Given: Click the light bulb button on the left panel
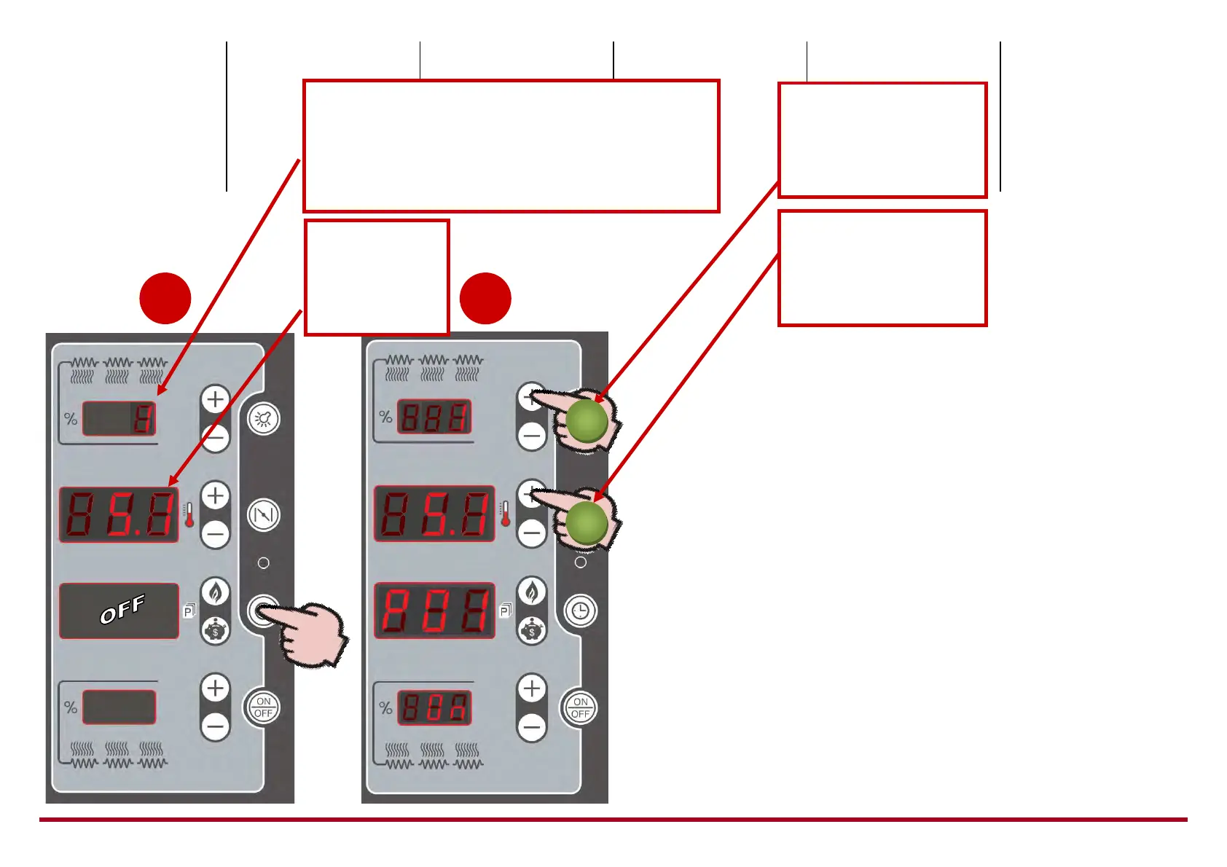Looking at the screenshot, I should [264, 419].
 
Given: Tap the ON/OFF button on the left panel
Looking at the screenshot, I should [264, 707].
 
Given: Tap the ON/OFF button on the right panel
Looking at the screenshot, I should [580, 707].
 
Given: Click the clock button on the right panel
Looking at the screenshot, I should [580, 611].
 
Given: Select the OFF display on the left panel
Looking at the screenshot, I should [119, 611].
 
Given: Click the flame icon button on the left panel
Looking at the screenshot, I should [215, 592].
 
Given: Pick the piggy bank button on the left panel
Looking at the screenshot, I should [215, 630].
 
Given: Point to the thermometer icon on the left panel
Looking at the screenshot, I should [189, 514].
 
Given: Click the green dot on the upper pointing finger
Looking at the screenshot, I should [587, 421].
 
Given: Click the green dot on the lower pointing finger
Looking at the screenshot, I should [587, 523].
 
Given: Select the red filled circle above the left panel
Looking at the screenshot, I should [165, 298].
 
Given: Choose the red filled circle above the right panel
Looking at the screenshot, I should [485, 298].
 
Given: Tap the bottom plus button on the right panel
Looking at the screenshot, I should [532, 688].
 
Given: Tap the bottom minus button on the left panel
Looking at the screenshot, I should [215, 726].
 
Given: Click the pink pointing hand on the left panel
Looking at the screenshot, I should [310, 630].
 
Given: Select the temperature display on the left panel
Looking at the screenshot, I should [119, 514].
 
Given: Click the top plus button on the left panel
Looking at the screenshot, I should [215, 399].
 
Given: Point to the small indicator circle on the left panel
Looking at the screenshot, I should [264, 562].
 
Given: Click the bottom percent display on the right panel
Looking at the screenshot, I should [434, 707].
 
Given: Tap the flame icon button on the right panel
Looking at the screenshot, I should [532, 592].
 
